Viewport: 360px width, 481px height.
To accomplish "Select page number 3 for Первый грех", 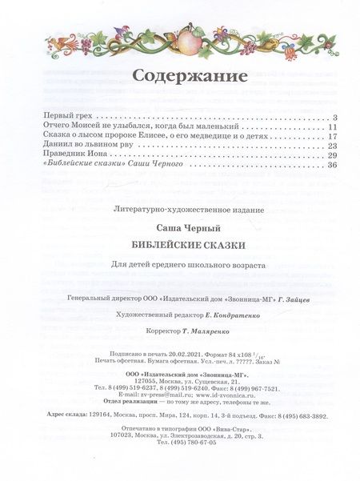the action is [x=338, y=117].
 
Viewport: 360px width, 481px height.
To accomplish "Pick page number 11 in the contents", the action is [x=336, y=128].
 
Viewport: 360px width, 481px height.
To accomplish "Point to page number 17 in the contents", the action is [x=336, y=140].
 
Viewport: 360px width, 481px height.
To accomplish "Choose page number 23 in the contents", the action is [x=336, y=151].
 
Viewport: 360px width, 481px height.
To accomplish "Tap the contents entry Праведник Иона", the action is [x=58, y=163].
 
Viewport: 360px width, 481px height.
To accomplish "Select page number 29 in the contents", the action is [x=336, y=163].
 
